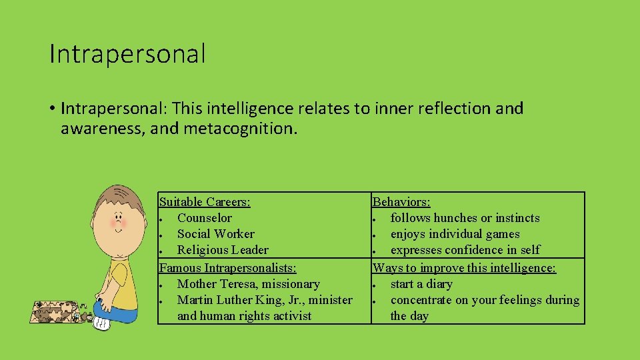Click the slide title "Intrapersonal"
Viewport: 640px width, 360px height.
[x=127, y=54]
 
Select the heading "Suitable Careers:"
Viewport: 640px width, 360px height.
[x=205, y=201]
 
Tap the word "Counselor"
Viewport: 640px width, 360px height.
[x=205, y=218]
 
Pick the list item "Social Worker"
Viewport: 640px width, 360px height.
[x=215, y=234]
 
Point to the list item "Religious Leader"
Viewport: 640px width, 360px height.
[x=223, y=250]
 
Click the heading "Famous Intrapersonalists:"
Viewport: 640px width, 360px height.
[x=227, y=267]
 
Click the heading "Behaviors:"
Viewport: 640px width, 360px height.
[x=401, y=201]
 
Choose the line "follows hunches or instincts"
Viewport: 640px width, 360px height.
[x=465, y=218]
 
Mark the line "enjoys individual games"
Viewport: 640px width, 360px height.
[x=455, y=234]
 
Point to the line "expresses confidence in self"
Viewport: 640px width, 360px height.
[x=465, y=250]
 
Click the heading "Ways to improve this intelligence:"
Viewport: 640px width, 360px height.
[x=464, y=267]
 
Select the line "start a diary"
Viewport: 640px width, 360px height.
[x=421, y=284]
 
